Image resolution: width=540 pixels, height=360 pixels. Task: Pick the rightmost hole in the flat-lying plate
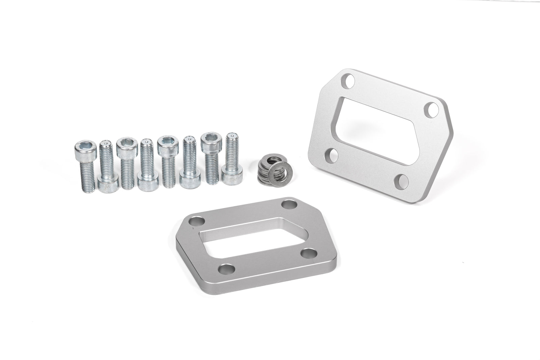[309, 252]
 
